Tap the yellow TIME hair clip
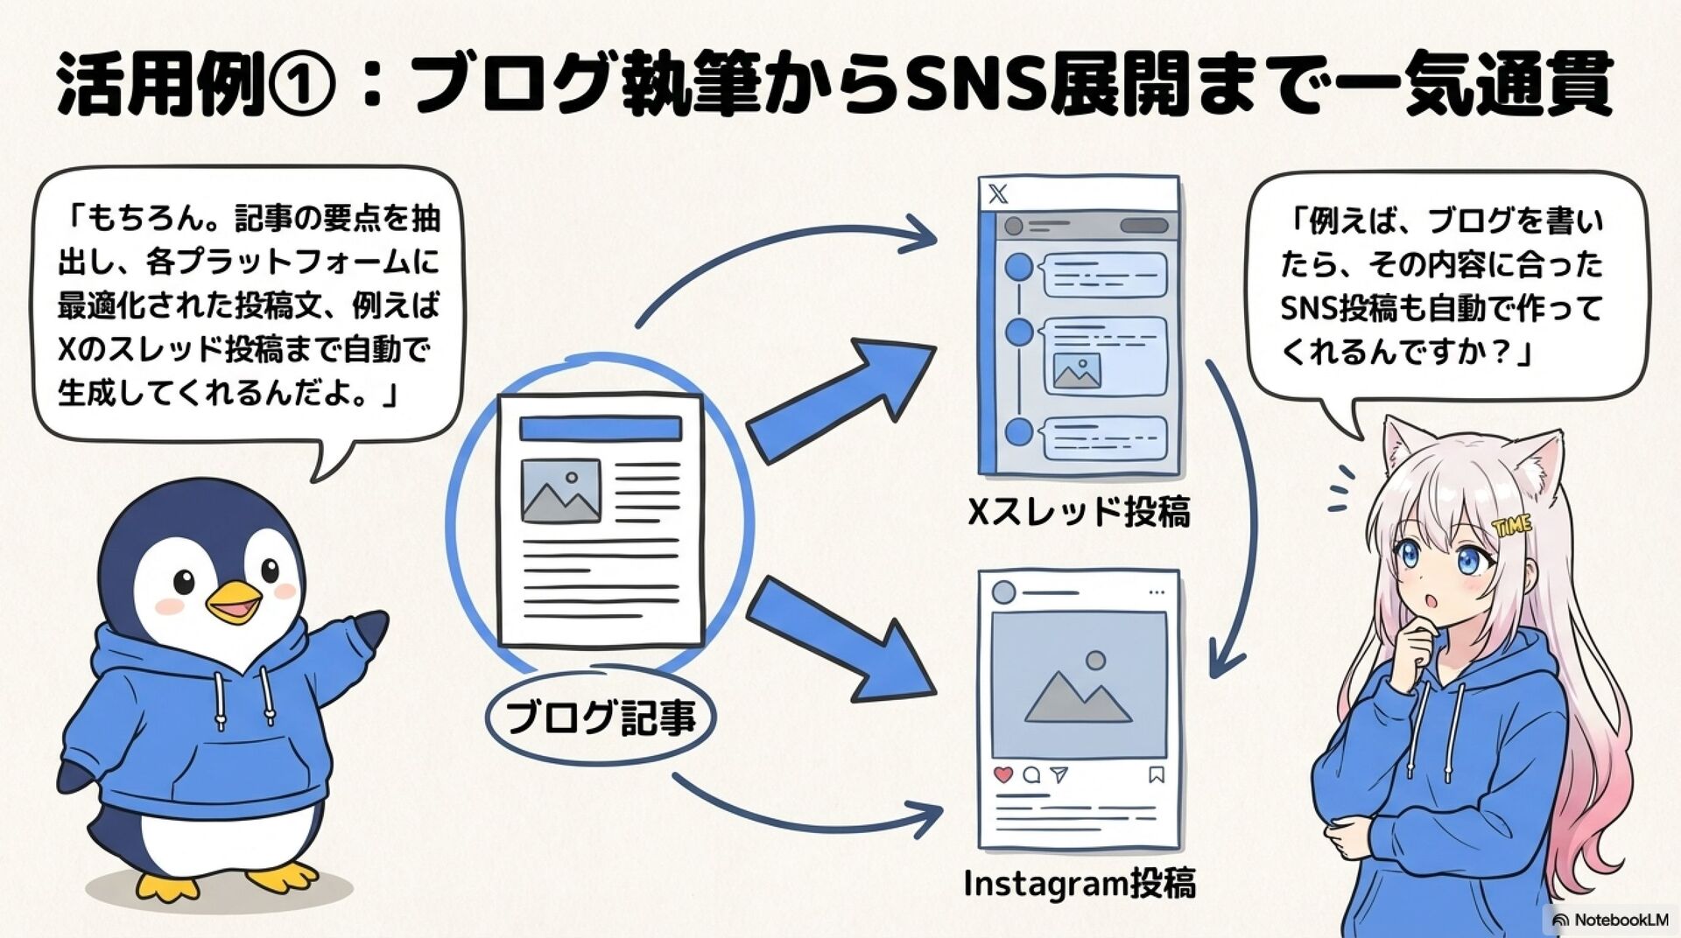tap(1512, 526)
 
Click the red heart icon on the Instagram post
tap(1003, 774)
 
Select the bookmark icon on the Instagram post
tap(1156, 774)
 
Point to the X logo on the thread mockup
tap(998, 193)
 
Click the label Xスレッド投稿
tap(1079, 512)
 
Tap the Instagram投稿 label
tap(1079, 884)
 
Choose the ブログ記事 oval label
tap(601, 717)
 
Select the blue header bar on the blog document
tap(600, 429)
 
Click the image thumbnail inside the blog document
tap(560, 491)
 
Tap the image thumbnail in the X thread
tap(1077, 372)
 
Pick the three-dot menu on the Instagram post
tap(1157, 592)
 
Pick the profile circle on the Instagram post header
tap(1003, 592)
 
